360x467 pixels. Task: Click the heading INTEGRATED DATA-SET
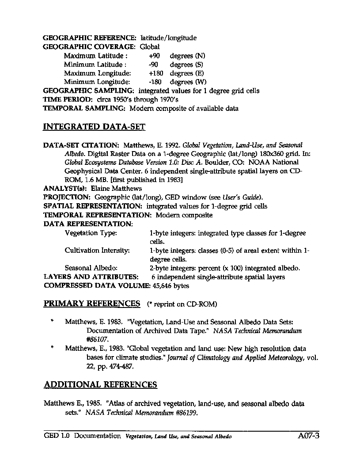[x=94, y=127]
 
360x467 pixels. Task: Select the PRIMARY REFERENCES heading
[x=92, y=304]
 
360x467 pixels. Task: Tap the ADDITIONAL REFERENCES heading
[x=100, y=384]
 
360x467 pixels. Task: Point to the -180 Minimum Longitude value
[x=156, y=82]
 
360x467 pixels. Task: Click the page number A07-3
[x=308, y=436]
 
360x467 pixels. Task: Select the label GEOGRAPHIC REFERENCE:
[x=90, y=38]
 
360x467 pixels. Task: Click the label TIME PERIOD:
[x=68, y=99]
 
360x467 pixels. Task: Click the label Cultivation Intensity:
[x=97, y=251]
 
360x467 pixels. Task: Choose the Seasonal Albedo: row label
[x=91, y=268]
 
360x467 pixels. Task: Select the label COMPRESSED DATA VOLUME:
[x=97, y=286]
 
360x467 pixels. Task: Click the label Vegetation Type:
[x=91, y=233]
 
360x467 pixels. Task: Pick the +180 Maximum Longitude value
[x=156, y=73]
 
